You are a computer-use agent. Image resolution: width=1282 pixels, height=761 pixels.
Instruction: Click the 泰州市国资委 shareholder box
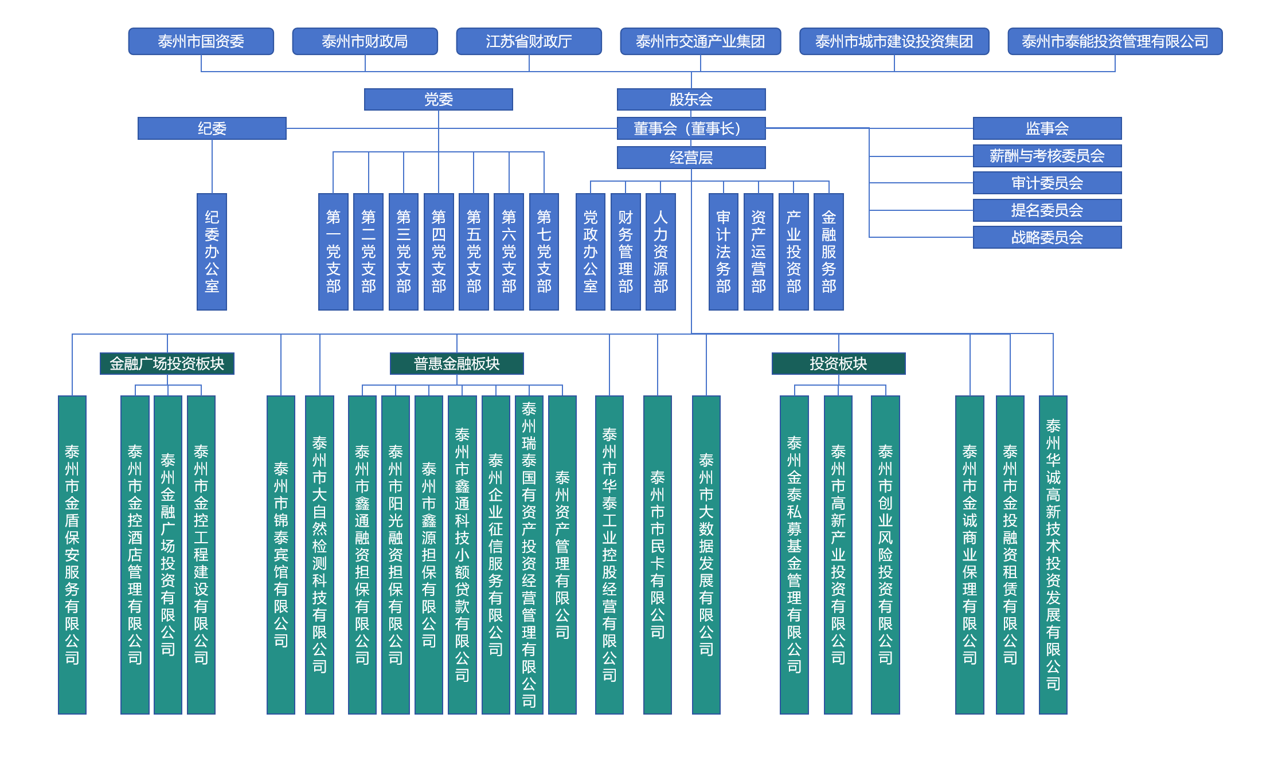point(201,41)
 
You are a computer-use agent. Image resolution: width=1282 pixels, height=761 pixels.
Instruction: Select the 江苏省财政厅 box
point(529,41)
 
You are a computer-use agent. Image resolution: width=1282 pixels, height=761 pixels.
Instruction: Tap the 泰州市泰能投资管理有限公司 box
point(1115,41)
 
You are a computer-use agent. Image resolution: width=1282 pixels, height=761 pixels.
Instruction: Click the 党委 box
point(439,99)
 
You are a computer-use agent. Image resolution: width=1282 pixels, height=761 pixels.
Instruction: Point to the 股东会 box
point(691,99)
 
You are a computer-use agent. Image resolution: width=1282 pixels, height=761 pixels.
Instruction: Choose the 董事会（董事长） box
point(691,128)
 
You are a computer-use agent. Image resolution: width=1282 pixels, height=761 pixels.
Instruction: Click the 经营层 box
point(691,158)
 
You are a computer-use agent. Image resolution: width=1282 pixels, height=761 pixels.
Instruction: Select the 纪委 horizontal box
point(212,128)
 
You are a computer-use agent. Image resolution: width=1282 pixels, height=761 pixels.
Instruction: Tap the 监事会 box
point(1048,128)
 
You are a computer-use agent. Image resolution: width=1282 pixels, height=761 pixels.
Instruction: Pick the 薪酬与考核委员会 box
point(1048,156)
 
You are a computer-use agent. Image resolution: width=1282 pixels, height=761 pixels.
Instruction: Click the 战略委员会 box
point(1048,237)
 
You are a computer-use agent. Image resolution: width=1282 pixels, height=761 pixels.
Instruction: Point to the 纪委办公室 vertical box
point(212,252)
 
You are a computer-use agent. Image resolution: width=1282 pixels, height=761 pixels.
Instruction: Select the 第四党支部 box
point(439,252)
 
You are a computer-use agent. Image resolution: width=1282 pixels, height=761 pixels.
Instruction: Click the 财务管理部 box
point(626,252)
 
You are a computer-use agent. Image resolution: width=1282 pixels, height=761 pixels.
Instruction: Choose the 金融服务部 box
point(828,252)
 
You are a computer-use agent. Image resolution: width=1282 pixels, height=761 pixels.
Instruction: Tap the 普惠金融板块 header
point(457,363)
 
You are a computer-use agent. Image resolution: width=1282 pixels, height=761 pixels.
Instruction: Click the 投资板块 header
point(839,363)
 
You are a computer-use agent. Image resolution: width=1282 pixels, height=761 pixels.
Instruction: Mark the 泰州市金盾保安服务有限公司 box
point(72,555)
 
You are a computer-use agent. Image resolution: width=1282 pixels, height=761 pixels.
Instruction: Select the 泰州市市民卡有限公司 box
point(658,555)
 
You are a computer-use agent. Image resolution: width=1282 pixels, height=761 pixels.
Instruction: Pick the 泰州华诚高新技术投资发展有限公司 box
point(1053,555)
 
